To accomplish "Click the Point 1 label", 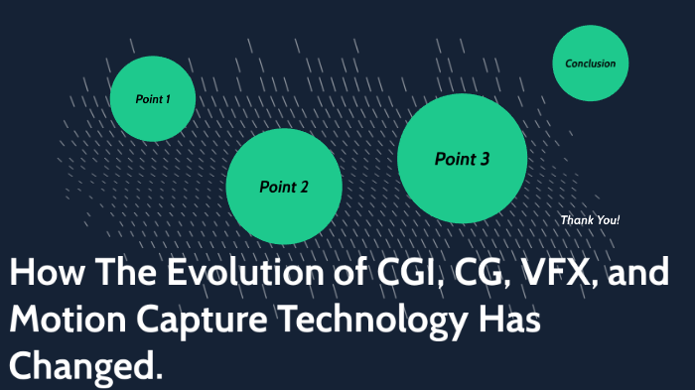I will tap(153, 99).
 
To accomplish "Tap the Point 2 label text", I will tap(284, 187).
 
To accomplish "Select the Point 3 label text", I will tap(462, 159).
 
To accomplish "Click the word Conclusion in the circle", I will tap(590, 64).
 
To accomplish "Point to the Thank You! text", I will tap(590, 219).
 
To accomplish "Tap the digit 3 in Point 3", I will tap(484, 159).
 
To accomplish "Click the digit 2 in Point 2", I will tap(303, 187).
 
